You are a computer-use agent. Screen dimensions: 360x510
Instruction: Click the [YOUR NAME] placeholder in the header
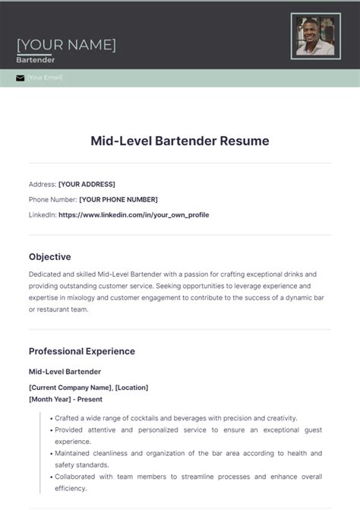pos(66,44)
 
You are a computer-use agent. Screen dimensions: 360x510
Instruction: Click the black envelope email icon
pos(21,78)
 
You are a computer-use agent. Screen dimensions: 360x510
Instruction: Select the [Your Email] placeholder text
pos(45,78)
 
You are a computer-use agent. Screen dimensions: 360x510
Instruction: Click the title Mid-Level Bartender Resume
pos(180,141)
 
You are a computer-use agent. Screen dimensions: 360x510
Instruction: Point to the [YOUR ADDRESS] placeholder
pos(87,184)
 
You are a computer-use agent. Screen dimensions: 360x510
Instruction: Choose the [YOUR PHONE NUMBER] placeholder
pos(118,199)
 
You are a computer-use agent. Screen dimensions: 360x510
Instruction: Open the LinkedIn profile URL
pos(134,215)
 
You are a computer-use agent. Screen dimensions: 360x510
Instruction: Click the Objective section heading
pos(50,257)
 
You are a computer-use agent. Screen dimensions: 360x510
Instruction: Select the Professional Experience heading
pos(82,351)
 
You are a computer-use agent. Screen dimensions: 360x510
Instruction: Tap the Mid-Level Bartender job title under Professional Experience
pos(65,372)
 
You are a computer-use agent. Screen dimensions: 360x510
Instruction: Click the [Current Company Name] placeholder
pos(70,388)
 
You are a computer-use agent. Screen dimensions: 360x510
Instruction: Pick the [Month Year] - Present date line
pos(65,399)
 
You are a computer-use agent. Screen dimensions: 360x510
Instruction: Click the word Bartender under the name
pos(35,59)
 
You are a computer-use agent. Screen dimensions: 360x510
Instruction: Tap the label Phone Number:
pos(52,199)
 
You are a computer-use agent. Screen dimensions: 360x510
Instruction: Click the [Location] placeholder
pos(132,388)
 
